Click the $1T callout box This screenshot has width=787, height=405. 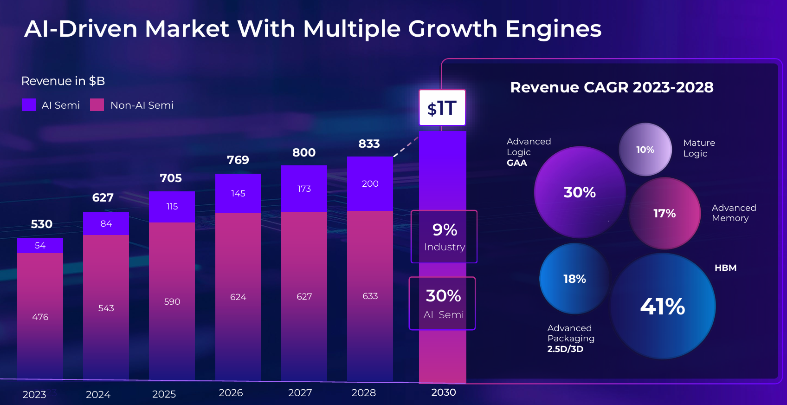[x=442, y=108]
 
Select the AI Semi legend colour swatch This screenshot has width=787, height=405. [x=29, y=105]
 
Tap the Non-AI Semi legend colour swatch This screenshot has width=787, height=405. [x=97, y=105]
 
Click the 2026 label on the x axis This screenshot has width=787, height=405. [x=231, y=393]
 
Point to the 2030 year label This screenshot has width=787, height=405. [x=444, y=392]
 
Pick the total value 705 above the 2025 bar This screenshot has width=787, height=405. [x=171, y=178]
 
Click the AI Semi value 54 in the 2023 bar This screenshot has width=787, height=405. [x=40, y=246]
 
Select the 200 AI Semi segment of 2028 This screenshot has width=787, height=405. [x=370, y=184]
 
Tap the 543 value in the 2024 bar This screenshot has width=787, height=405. [x=106, y=308]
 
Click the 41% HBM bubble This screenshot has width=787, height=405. [x=663, y=307]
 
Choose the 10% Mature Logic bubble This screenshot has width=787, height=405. [x=645, y=150]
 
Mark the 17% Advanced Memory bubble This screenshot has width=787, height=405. [x=664, y=214]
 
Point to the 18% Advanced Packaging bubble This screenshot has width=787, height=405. [x=574, y=279]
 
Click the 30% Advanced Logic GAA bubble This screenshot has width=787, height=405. [x=580, y=192]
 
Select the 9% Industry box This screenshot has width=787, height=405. [x=444, y=237]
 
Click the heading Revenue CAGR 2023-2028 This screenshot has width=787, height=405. [x=612, y=87]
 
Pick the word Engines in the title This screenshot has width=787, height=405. [x=553, y=29]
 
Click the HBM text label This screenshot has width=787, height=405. [x=725, y=268]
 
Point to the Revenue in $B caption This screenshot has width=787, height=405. [x=63, y=81]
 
